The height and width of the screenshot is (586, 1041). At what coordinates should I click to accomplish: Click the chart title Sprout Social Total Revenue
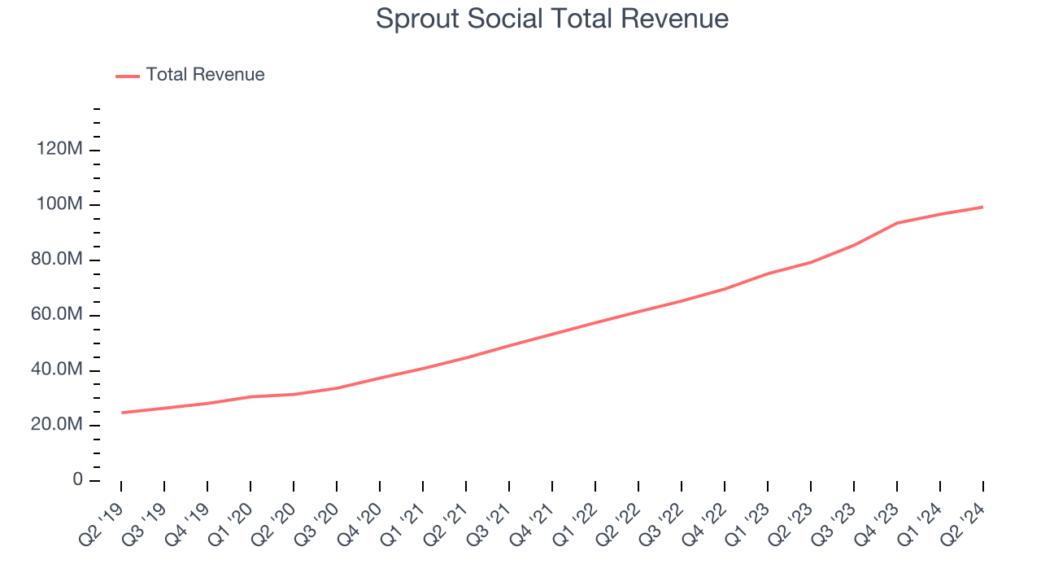551,19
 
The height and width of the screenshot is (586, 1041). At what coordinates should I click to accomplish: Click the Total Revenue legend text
205,75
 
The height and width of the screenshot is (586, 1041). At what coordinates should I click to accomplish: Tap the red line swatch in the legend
128,76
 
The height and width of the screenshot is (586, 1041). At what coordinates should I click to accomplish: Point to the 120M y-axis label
59,150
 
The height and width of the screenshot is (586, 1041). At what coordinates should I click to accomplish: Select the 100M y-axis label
59,204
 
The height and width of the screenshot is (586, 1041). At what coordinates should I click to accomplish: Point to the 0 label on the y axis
77,480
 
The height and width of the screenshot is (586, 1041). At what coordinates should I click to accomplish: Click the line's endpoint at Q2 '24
982,207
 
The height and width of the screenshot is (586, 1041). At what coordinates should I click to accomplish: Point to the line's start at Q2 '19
122,413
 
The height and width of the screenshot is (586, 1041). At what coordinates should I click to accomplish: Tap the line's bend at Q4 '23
896,223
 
